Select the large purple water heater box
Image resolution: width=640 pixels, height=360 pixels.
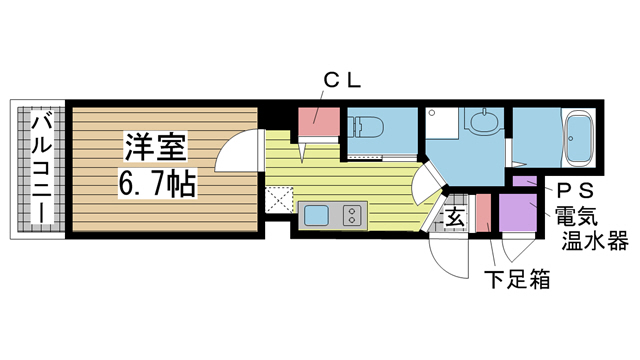pos(519,212)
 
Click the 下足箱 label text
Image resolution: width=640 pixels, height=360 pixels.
pos(517,279)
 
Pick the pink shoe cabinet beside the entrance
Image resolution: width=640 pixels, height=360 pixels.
pos(484,212)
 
